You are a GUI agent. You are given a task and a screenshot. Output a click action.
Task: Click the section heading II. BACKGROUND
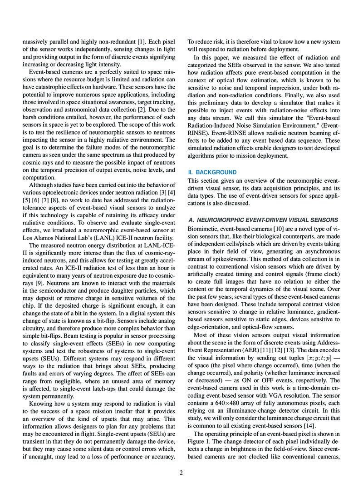[212, 173]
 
